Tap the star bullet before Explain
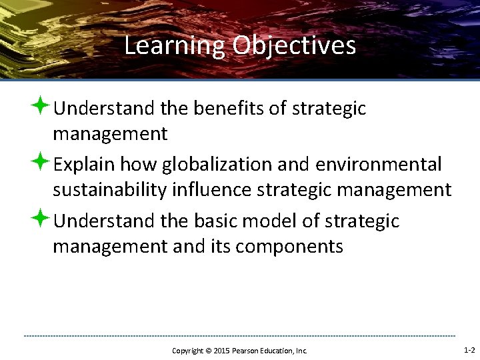point(42,163)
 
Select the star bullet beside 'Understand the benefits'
point(42,107)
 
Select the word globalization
point(215,164)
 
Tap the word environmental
point(379,164)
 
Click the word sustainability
point(109,191)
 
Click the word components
point(289,247)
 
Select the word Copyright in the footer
point(189,350)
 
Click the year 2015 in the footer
point(221,350)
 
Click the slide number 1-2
point(469,349)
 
